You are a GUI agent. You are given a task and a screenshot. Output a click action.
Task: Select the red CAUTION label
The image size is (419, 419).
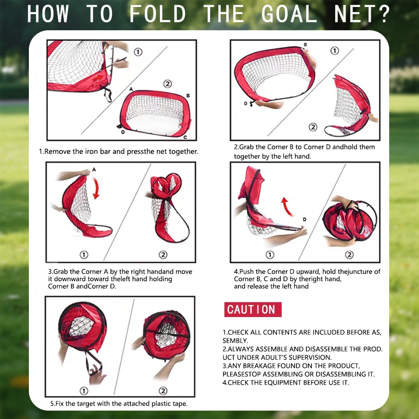(251, 310)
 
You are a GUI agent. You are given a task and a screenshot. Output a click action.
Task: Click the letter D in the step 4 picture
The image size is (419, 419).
(304, 219)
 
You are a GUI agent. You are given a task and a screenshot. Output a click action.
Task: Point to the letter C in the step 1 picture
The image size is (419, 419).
(185, 137)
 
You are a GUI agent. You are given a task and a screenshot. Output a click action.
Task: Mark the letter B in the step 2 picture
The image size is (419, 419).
(305, 45)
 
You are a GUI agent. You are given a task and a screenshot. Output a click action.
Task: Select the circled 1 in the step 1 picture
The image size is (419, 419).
(138, 52)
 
